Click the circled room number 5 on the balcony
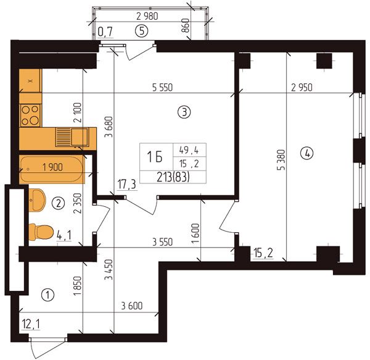[142, 31]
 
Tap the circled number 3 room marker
[184, 112]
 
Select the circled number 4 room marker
[306, 154]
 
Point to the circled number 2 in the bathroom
[59, 203]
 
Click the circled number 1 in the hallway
[47, 295]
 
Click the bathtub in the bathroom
[51, 169]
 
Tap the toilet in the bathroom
[41, 232]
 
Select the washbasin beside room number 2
[37, 200]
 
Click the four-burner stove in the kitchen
[30, 115]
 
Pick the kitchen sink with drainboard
[72, 137]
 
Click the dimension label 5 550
[162, 88]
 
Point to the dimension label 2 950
[302, 88]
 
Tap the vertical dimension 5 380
[281, 160]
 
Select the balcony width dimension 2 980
[147, 16]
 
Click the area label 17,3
[127, 184]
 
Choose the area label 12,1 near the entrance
[31, 324]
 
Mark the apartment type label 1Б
[155, 157]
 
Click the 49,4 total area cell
[189, 150]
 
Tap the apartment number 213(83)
[173, 177]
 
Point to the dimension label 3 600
[132, 306]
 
